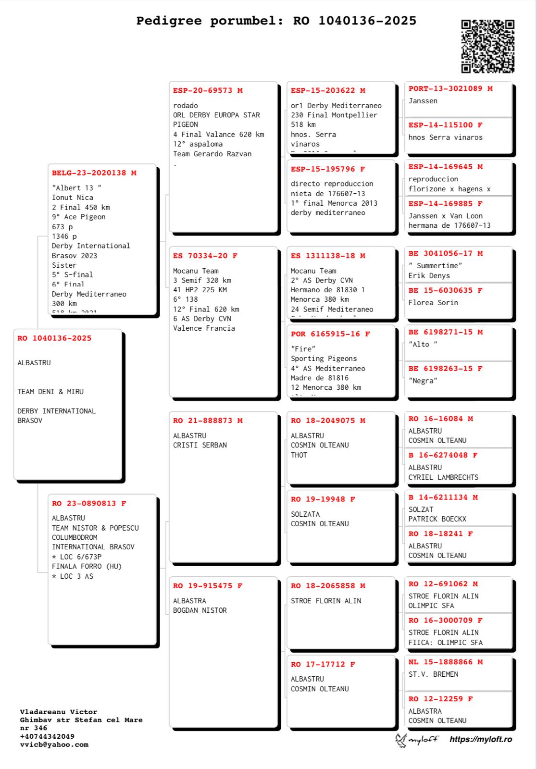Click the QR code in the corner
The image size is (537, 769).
tap(487, 46)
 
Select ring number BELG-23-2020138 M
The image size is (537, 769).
tap(94, 173)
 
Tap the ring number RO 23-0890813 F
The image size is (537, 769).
tap(89, 504)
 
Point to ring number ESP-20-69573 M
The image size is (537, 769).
tap(208, 90)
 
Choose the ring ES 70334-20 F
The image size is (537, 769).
tap(205, 256)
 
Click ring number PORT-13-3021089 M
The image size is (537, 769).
tap(450, 88)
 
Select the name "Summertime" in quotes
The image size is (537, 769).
tap(435, 266)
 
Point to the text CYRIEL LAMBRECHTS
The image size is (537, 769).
tap(443, 477)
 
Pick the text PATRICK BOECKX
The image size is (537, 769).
tap(437, 519)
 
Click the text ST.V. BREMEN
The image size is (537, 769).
tap(433, 674)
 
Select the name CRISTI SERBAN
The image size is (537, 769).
tap(200, 445)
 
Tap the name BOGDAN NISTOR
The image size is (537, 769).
tap(200, 610)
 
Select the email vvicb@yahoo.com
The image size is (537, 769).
tap(54, 744)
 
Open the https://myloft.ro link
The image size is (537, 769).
tap(480, 739)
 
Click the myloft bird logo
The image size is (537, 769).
tap(401, 740)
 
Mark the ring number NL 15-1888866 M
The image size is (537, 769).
tap(445, 662)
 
